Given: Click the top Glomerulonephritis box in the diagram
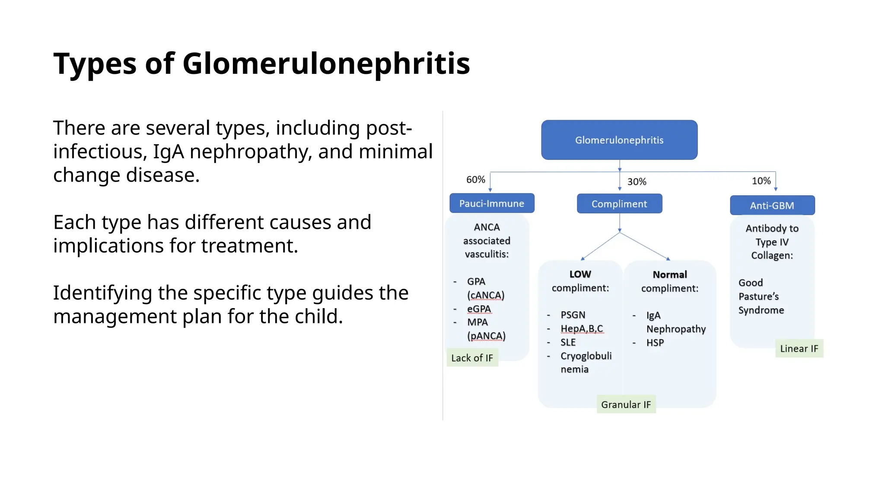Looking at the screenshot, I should pyautogui.click(x=619, y=140).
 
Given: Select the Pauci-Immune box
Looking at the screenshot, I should pyautogui.click(x=492, y=203).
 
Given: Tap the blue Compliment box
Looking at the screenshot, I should pyautogui.click(x=619, y=204).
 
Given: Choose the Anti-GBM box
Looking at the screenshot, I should pyautogui.click(x=772, y=205).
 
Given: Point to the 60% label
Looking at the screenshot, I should pyautogui.click(x=475, y=179).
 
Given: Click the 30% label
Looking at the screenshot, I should pyautogui.click(x=637, y=182).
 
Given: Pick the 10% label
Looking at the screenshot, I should pyautogui.click(x=761, y=181).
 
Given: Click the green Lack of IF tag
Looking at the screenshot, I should pyautogui.click(x=472, y=358).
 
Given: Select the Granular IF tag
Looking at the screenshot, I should pyautogui.click(x=626, y=405).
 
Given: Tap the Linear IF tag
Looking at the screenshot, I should pyautogui.click(x=799, y=348).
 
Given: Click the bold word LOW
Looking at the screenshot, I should pyautogui.click(x=580, y=274).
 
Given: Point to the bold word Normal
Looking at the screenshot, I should pyautogui.click(x=669, y=275).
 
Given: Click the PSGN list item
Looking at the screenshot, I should pyautogui.click(x=573, y=315).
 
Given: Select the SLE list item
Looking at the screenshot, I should pyautogui.click(x=568, y=342).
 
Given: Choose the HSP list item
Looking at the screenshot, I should pyautogui.click(x=655, y=342).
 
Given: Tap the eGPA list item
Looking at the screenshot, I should pyautogui.click(x=479, y=309).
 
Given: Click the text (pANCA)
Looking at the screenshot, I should pyautogui.click(x=486, y=336).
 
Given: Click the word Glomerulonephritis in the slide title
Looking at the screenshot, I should pyautogui.click(x=326, y=64).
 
